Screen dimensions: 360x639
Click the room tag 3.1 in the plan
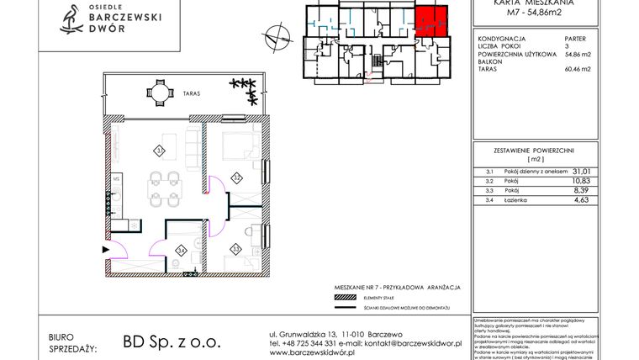(159, 151)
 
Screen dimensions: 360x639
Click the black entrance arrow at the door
(105, 249)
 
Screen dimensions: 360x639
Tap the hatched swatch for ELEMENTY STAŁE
(345, 299)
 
